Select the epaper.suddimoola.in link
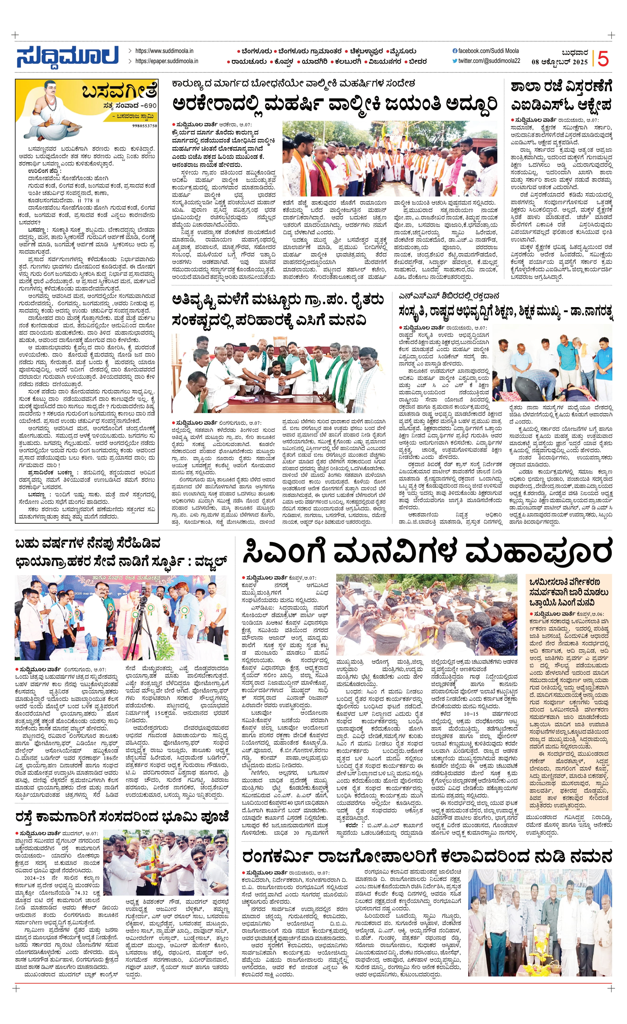click(x=166, y=61)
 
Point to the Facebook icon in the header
click(x=455, y=51)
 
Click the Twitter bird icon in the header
click(x=455, y=61)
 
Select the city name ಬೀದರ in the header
click(x=417, y=61)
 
